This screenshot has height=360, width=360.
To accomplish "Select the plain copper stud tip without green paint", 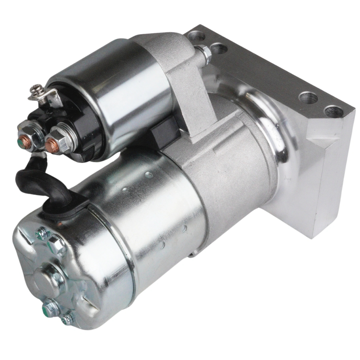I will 51,144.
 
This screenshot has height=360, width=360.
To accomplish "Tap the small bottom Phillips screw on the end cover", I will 67,319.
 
